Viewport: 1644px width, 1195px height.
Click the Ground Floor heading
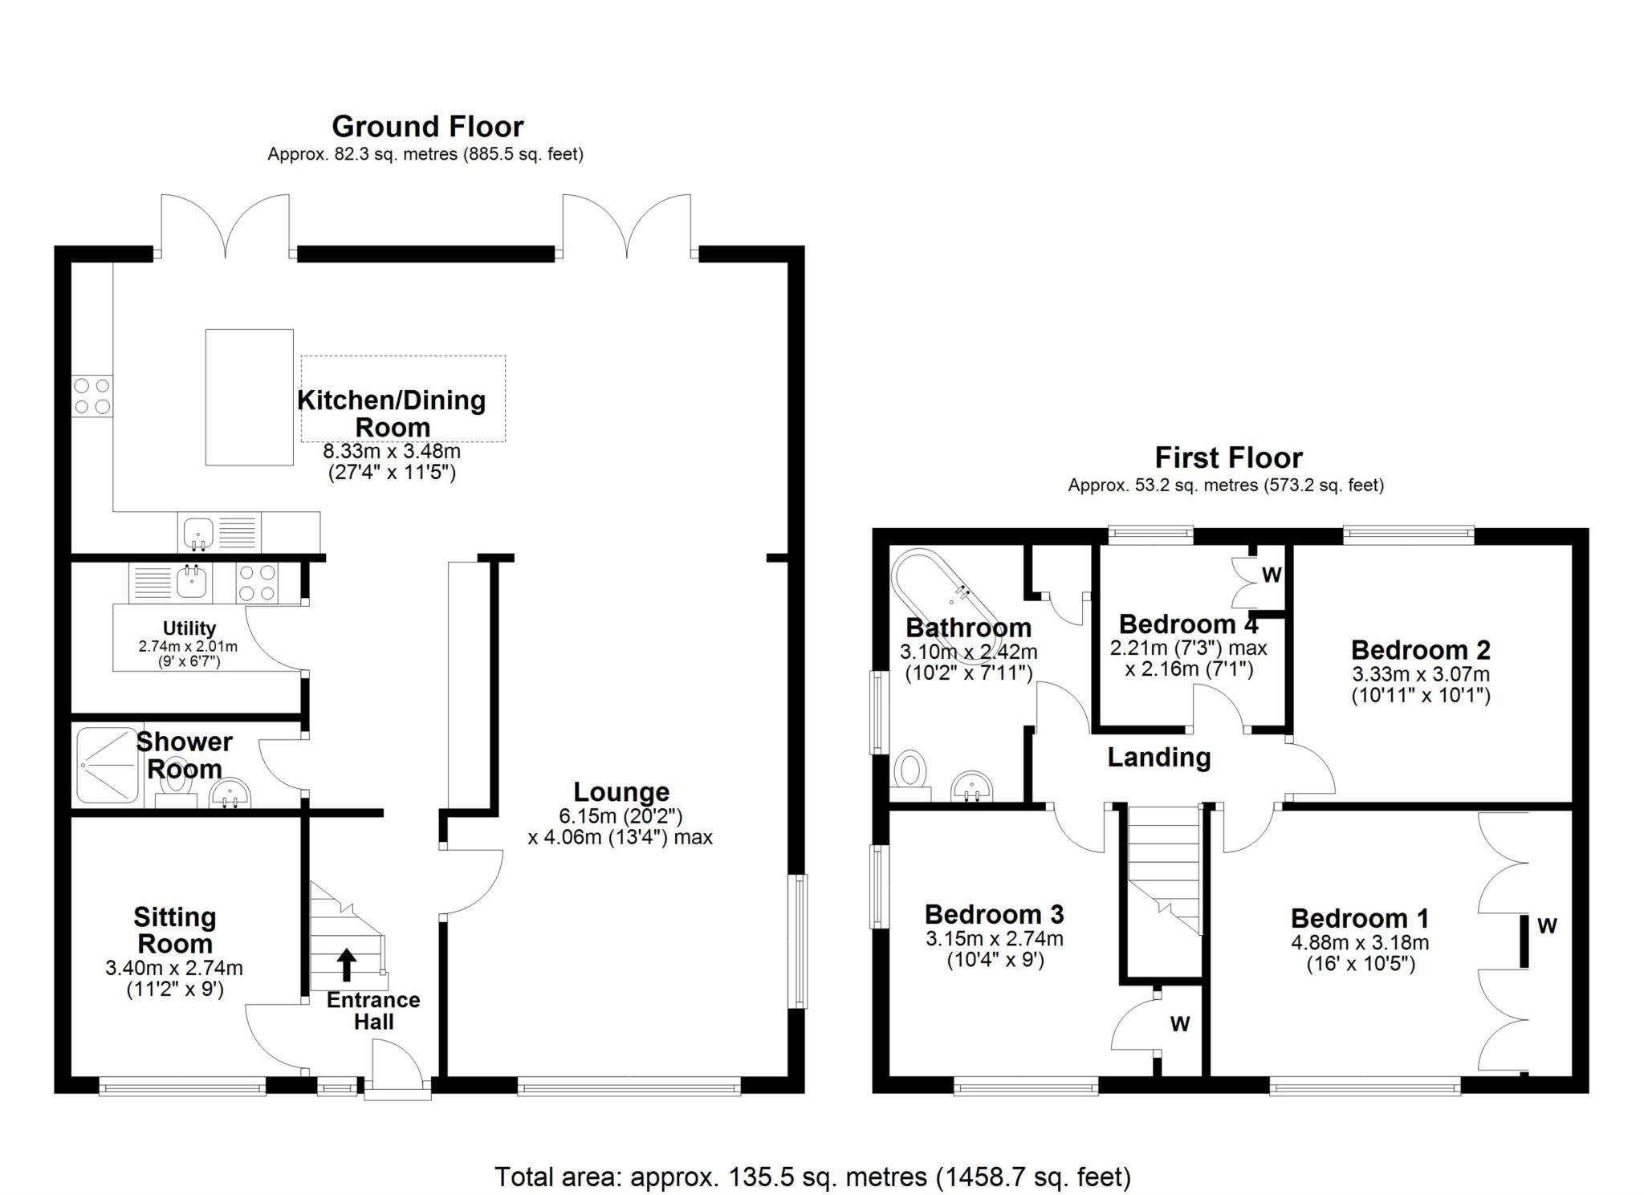pos(428,127)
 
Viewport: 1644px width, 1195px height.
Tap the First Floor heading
pos(1228,457)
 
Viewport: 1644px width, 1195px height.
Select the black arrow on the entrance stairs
pos(346,965)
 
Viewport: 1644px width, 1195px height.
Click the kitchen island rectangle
pos(249,397)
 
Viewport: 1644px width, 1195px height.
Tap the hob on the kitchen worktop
pos(92,396)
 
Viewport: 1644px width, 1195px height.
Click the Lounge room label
pos(621,791)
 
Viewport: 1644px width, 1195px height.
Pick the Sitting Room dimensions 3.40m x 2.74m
pos(174,969)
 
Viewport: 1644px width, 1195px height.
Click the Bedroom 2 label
pos(1421,649)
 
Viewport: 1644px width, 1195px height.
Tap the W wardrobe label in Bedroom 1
pos(1547,925)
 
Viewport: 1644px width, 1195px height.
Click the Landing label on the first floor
pos(1159,757)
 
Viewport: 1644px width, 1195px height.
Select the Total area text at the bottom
pos(812,1177)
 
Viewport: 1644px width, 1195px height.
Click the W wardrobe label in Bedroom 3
pos(1179,1023)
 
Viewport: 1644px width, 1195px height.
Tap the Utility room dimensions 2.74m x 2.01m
pos(189,645)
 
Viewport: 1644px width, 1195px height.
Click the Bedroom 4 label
pos(1189,624)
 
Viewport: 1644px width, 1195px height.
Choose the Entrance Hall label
pos(373,1011)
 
